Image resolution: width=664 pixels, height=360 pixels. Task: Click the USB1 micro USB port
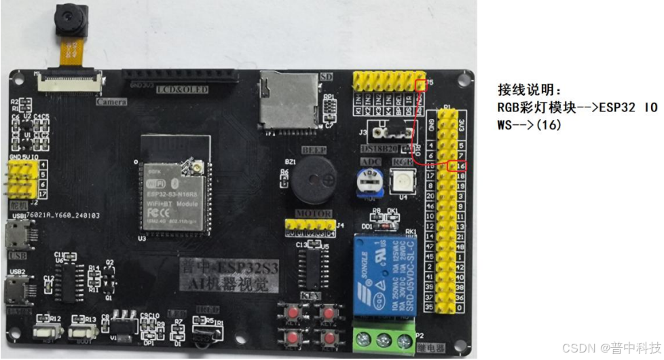[18, 236]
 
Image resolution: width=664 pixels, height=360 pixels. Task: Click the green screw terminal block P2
[384, 338]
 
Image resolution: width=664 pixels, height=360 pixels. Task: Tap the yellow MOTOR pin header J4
[308, 224]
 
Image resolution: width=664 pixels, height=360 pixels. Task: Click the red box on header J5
[422, 85]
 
